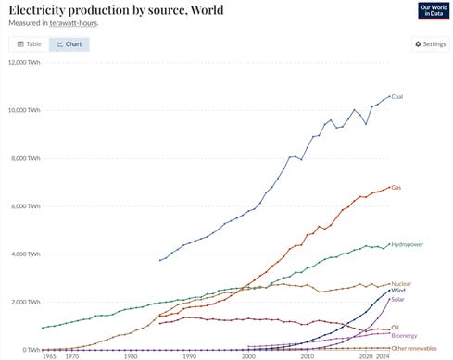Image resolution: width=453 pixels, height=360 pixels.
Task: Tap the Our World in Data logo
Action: coord(432,11)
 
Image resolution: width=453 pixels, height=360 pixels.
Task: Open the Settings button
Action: coord(430,43)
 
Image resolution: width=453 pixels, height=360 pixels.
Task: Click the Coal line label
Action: coord(397,96)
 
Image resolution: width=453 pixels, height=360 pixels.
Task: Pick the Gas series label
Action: coord(396,187)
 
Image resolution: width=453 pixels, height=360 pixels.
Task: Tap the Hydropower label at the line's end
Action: coord(408,245)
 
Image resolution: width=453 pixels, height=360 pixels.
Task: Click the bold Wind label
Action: coord(399,291)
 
